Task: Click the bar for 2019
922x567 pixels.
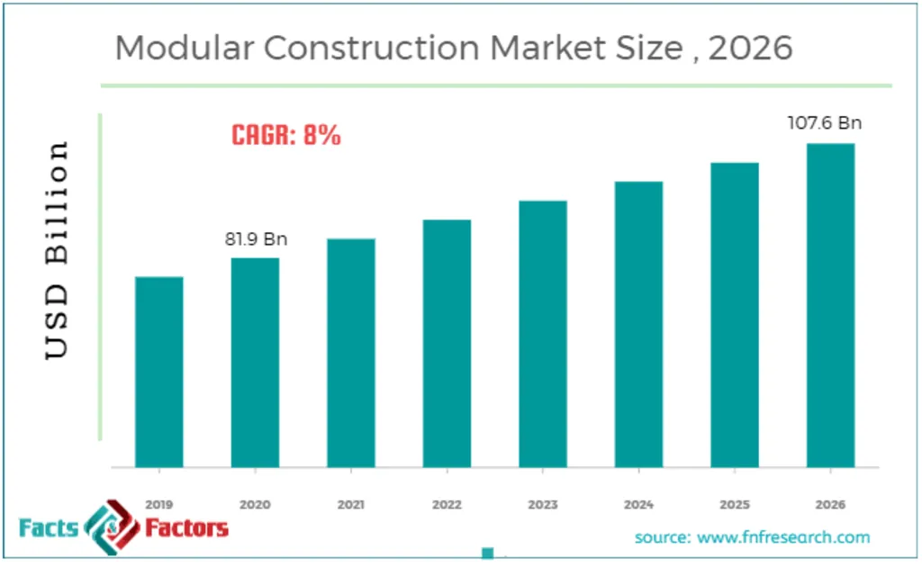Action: click(159, 372)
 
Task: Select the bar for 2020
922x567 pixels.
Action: click(255, 362)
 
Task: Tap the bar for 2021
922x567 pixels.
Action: click(351, 353)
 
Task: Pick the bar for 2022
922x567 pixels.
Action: click(447, 343)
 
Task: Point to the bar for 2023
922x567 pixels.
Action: click(543, 334)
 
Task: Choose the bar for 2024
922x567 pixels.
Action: click(638, 324)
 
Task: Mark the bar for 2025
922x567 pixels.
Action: click(735, 315)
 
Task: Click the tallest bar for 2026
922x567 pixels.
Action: click(830, 305)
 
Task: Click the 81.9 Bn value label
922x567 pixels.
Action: click(256, 239)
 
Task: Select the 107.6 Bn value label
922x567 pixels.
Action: click(830, 123)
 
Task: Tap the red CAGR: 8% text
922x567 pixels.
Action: click(286, 136)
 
